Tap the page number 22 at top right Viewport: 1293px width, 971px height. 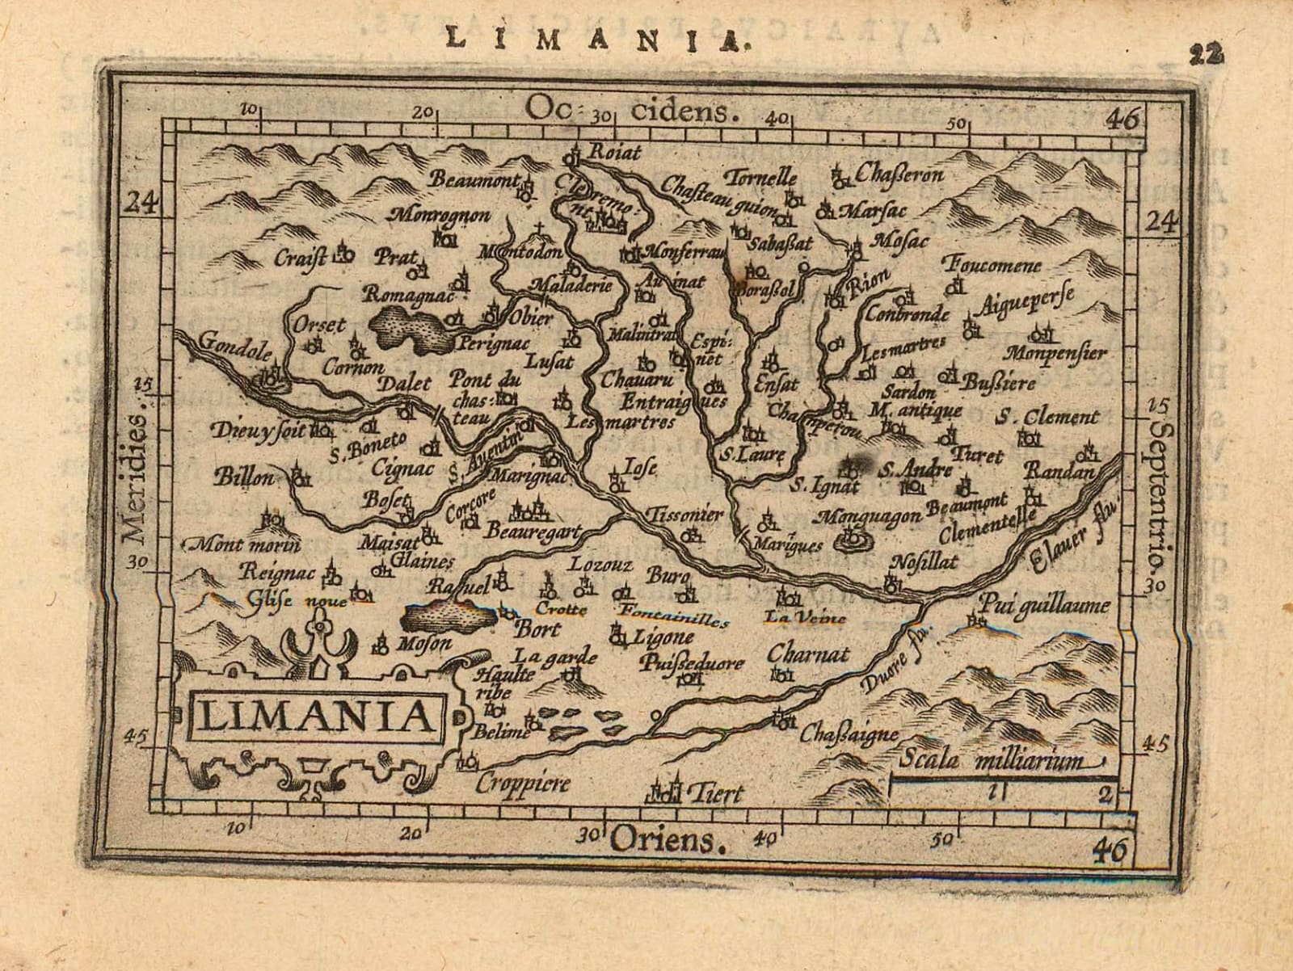(x=1207, y=53)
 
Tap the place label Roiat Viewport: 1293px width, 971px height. (x=615, y=152)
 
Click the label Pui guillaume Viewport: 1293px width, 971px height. (x=1046, y=603)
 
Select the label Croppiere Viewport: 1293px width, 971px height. (x=522, y=782)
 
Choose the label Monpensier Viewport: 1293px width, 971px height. (x=1055, y=352)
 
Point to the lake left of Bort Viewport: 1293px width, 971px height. (x=450, y=618)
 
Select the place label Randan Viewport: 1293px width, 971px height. (x=1062, y=471)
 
